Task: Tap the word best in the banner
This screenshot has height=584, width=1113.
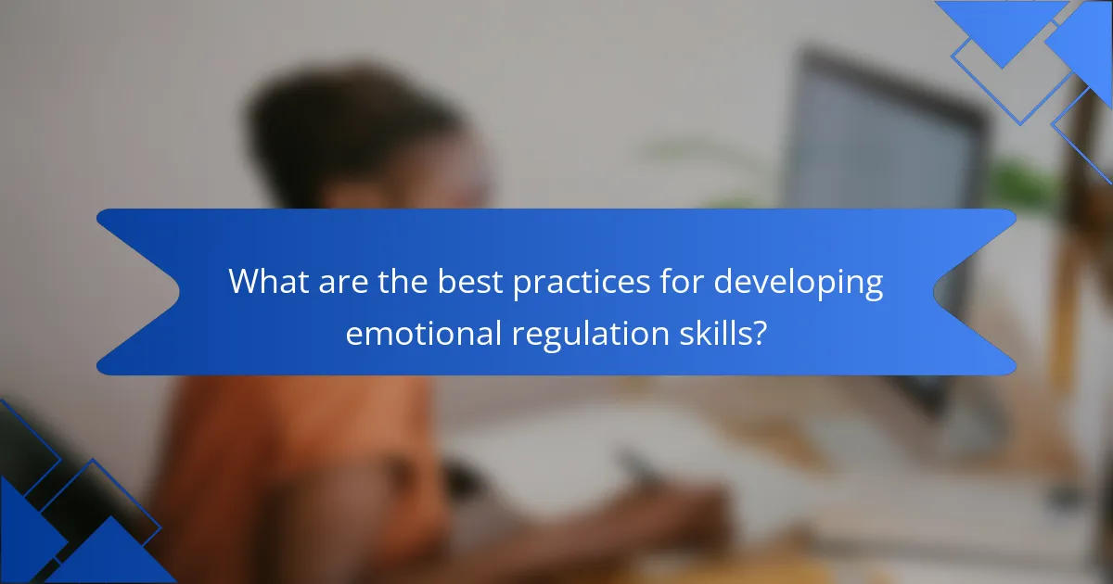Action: coord(469,282)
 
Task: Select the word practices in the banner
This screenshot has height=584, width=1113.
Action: coord(582,283)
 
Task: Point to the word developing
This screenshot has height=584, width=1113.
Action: coord(799,283)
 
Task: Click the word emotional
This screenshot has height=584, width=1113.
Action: coord(423,333)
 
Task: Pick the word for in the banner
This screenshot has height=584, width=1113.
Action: coord(682,282)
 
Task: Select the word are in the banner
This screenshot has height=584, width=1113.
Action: coord(343,283)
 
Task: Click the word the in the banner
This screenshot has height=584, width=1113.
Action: coord(403,282)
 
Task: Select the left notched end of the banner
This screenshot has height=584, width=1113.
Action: coord(139,291)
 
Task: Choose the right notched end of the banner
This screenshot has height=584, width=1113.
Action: coord(975,291)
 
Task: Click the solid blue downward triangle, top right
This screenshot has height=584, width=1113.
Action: coord(1003,30)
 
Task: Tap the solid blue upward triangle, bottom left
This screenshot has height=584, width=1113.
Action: coord(112,553)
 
